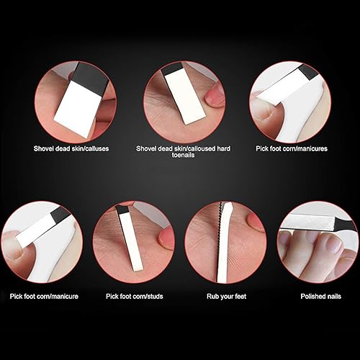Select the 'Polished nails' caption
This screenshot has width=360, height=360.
click(316, 295)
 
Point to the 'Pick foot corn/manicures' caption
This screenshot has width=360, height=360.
click(292, 148)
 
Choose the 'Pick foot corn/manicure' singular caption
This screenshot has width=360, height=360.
click(43, 295)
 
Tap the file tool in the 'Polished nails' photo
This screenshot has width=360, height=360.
click(317, 230)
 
